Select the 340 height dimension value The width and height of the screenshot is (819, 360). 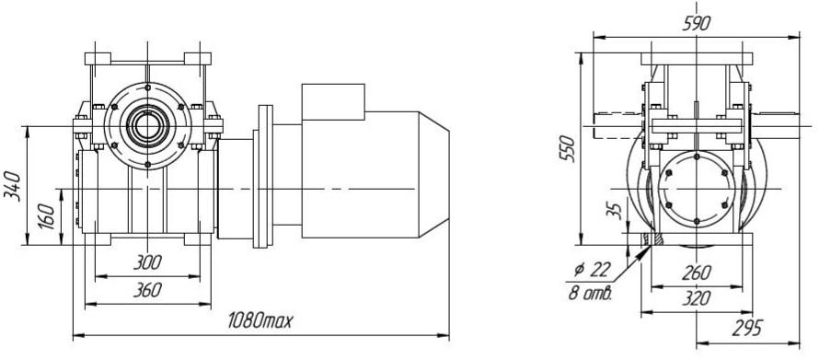click(x=13, y=185)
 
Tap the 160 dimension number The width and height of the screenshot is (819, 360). click(x=47, y=216)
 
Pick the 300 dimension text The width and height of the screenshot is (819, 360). click(x=147, y=262)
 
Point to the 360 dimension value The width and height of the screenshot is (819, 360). click(x=147, y=290)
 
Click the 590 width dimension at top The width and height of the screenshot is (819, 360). click(x=697, y=24)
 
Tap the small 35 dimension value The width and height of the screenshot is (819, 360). click(x=617, y=210)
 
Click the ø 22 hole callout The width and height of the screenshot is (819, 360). click(x=592, y=270)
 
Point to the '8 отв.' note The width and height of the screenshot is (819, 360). click(x=590, y=293)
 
